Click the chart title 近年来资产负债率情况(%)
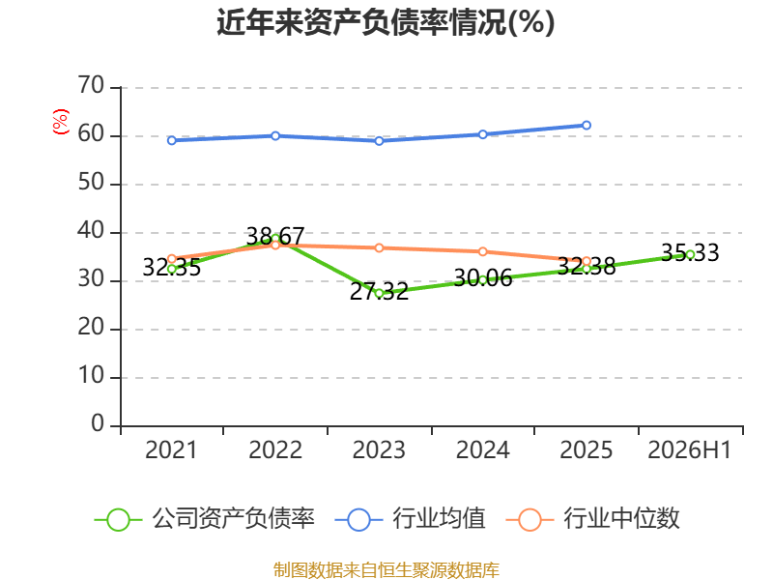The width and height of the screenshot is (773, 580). click(386, 22)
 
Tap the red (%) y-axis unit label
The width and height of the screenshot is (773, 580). click(61, 122)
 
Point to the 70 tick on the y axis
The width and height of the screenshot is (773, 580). click(91, 86)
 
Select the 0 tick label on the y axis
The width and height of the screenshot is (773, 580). click(98, 423)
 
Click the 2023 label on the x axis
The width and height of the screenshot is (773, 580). click(379, 450)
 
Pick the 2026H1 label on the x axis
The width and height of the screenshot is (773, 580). click(689, 450)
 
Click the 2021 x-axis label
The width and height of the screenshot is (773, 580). click(171, 450)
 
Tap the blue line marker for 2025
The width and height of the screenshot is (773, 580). click(587, 126)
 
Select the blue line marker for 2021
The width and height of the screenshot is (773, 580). click(172, 140)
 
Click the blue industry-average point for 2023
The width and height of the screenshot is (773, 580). click(379, 141)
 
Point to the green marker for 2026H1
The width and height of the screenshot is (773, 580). click(690, 254)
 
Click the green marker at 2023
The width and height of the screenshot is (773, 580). click(379, 293)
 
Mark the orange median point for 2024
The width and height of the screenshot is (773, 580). click(482, 252)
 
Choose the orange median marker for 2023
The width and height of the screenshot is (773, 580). click(379, 248)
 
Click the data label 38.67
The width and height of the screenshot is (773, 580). click(275, 236)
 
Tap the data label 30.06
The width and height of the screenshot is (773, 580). click(482, 278)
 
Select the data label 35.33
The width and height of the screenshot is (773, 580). click(690, 252)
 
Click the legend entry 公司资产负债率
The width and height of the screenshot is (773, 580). click(204, 519)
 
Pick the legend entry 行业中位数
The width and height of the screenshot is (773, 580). click(593, 519)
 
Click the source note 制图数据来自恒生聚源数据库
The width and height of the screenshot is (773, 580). click(386, 570)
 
